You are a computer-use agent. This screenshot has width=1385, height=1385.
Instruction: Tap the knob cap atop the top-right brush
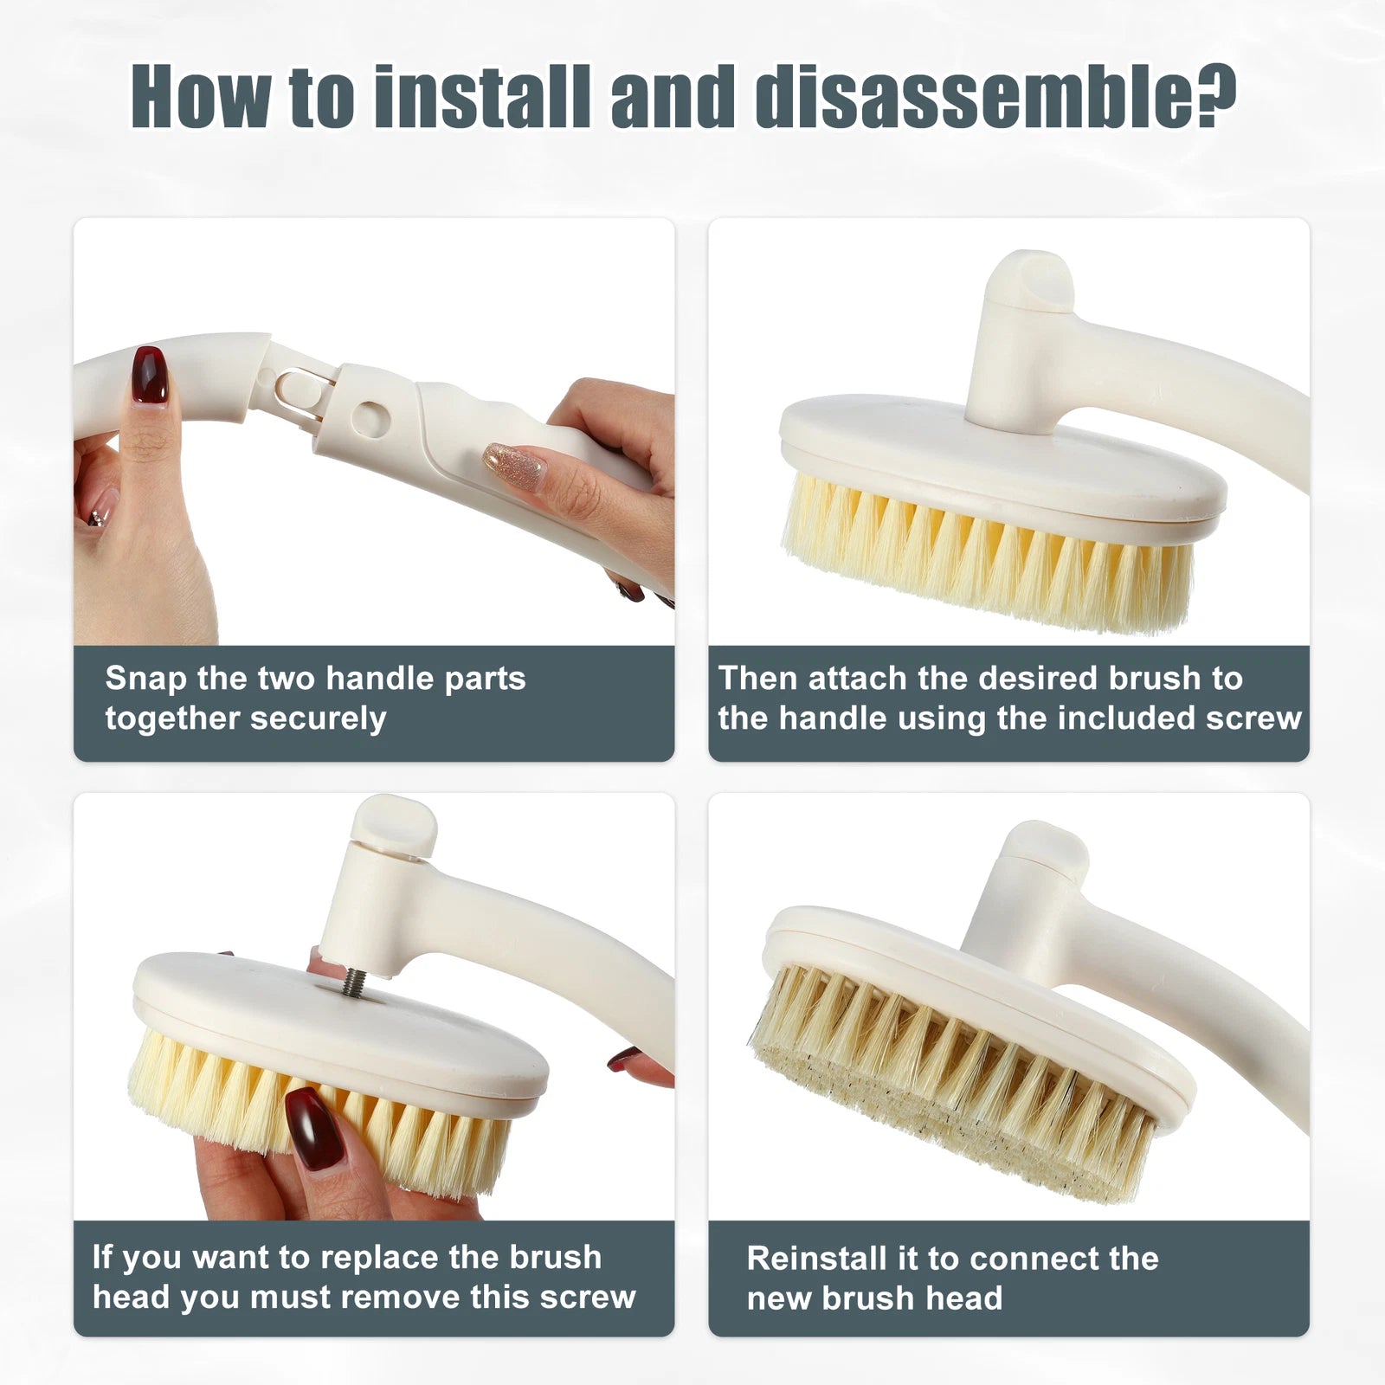[x=1031, y=279]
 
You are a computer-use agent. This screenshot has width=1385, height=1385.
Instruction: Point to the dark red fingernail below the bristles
[x=316, y=1129]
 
